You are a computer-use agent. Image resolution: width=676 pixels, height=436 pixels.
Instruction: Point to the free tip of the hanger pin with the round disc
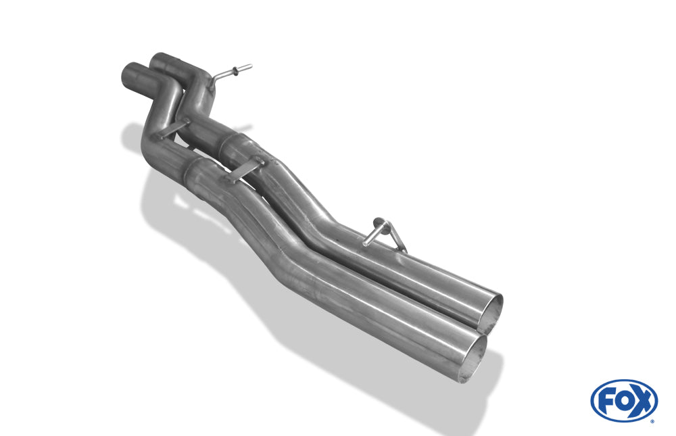click(365, 245)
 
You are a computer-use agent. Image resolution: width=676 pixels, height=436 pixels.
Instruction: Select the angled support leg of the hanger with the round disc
click(398, 239)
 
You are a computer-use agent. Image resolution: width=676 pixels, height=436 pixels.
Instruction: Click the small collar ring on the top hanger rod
click(236, 71)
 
